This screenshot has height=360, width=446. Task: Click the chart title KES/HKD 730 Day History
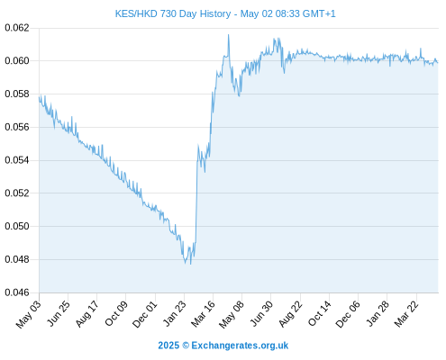click(x=173, y=13)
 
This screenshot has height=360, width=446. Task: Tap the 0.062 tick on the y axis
click(x=17, y=28)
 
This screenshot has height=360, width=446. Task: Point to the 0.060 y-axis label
click(x=17, y=61)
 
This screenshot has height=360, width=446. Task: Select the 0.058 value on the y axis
click(x=17, y=94)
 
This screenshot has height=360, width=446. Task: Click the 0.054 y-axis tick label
click(x=17, y=160)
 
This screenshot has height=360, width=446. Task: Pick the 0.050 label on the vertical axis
click(x=17, y=226)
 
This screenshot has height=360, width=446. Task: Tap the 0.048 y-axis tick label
click(x=17, y=259)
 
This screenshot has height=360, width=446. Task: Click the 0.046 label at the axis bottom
click(x=17, y=292)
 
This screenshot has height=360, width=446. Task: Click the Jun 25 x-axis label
click(x=59, y=313)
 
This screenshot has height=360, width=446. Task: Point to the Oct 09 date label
click(x=116, y=313)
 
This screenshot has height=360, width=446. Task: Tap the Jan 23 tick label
click(x=175, y=313)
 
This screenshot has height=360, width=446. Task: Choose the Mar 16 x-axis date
click(x=204, y=313)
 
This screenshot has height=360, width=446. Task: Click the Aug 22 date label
click(x=290, y=313)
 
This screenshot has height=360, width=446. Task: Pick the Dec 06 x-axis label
click(x=348, y=314)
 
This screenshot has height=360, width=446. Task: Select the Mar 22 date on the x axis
click(x=406, y=313)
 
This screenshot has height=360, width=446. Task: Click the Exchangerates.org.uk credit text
click(x=240, y=346)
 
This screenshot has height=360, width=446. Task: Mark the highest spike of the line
click(x=229, y=35)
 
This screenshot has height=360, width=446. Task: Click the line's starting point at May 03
click(x=39, y=97)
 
